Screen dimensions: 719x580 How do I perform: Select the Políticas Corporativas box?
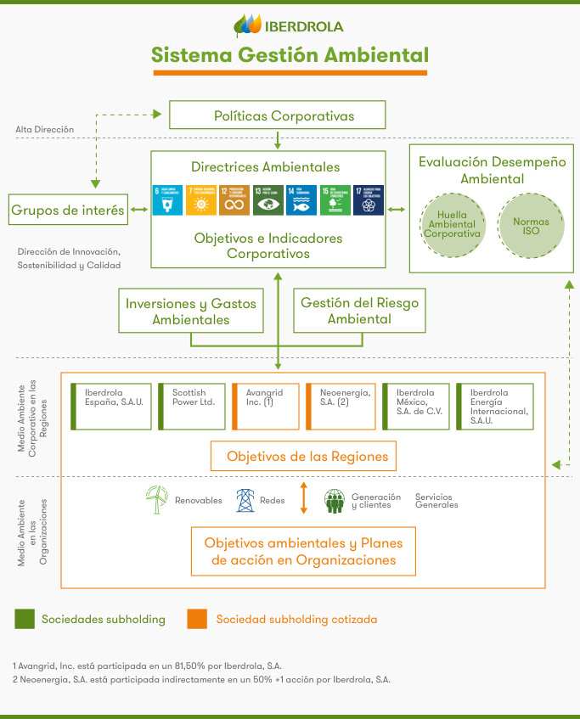278,115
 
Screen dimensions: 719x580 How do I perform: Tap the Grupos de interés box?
68,210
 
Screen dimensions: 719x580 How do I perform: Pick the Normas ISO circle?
531,227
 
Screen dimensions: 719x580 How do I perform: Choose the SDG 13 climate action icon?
267,200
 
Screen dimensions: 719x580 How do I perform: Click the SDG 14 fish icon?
301,200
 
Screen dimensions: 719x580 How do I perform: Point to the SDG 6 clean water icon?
167,200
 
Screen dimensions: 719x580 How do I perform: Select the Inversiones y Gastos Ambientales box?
191,311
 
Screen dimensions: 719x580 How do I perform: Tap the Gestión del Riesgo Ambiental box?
359,311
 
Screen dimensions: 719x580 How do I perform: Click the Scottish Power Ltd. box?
193,407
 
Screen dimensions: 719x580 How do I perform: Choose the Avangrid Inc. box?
266,407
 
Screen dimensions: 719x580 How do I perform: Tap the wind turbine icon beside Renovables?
157,499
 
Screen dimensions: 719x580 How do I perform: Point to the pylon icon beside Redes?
245,500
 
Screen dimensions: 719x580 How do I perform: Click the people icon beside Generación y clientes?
334,501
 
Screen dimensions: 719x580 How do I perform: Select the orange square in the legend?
197,619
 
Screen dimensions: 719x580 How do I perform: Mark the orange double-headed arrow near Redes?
303,498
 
